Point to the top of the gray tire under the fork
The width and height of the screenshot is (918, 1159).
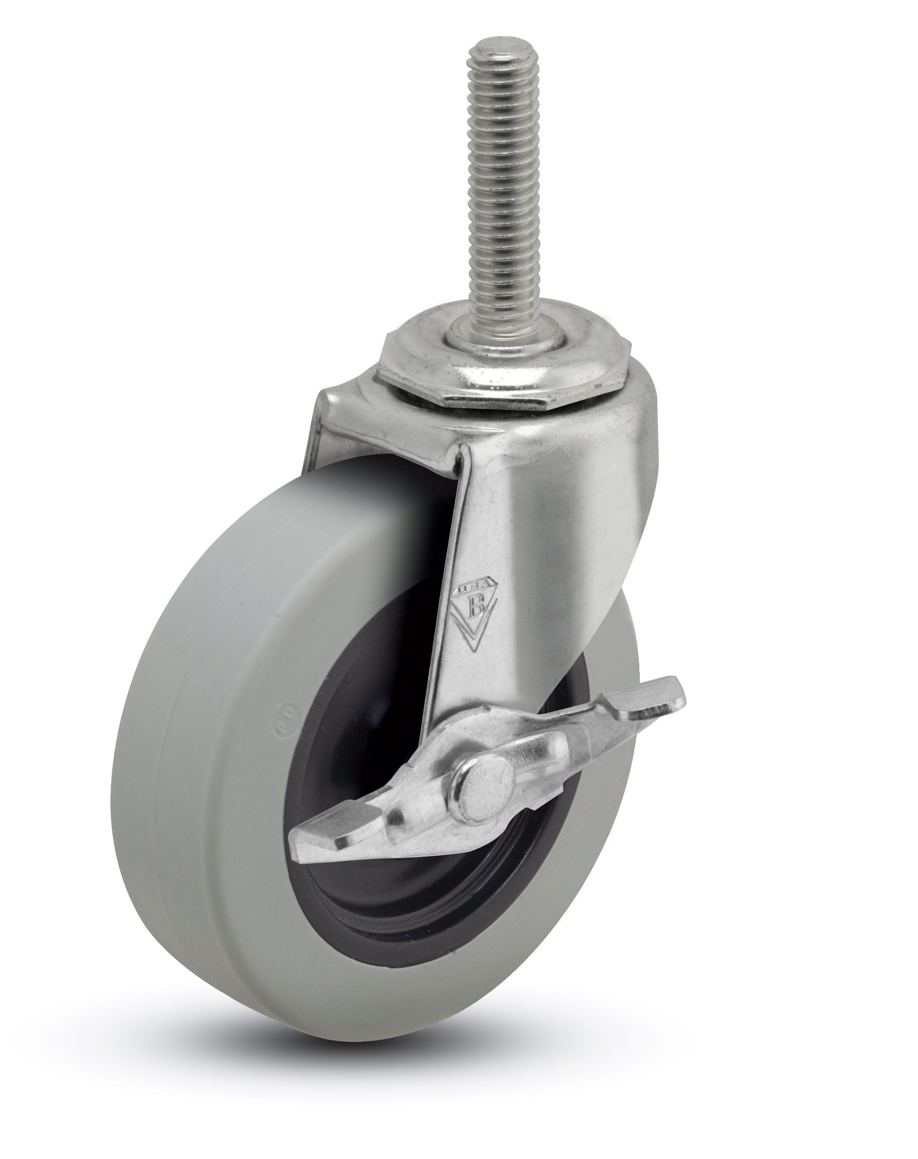click(x=376, y=483)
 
